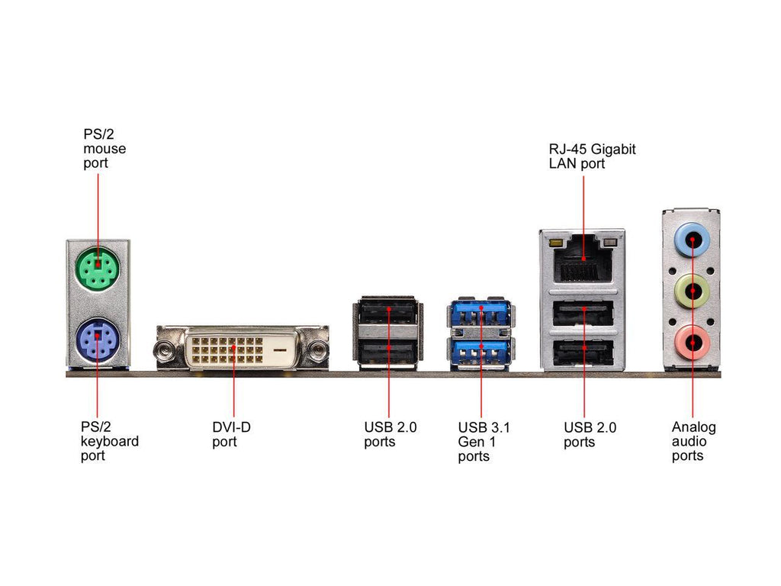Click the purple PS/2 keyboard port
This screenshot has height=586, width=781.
(97, 336)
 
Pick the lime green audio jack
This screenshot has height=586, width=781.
(692, 291)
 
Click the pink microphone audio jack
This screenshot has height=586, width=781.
(692, 343)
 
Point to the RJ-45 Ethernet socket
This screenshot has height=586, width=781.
(583, 262)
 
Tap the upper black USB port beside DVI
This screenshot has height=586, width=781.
(388, 312)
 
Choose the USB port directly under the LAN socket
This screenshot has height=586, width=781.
(583, 311)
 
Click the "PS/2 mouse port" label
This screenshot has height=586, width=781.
(104, 149)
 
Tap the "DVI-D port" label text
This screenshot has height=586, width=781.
(230, 434)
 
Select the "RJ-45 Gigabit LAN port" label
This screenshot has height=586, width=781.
(592, 156)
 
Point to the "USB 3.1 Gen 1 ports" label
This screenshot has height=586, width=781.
(484, 442)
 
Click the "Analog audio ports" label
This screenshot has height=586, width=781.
(693, 441)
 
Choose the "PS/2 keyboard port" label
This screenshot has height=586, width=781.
(110, 441)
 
